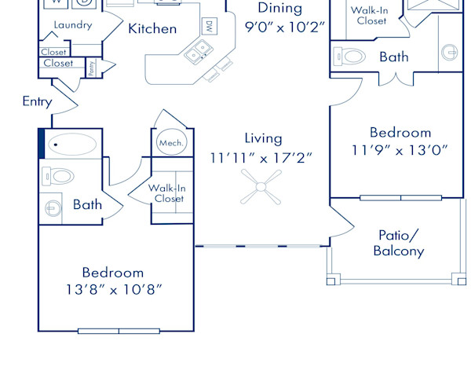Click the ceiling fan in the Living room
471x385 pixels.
click(261, 187)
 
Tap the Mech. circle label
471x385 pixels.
click(171, 142)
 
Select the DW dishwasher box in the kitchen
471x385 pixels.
click(210, 26)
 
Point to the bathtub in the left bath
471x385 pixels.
click(72, 145)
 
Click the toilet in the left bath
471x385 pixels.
click(58, 177)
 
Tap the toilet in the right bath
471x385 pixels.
click(349, 57)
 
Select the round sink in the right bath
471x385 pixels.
click(449, 52)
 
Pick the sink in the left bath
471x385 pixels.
click(53, 207)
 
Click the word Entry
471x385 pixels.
click(37, 101)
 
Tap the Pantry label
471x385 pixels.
click(92, 68)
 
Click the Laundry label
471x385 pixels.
click(73, 25)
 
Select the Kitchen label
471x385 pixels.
click(152, 29)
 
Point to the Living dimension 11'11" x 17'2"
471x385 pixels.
click(261, 158)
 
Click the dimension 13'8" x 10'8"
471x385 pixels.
click(114, 290)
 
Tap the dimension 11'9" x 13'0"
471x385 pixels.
click(400, 150)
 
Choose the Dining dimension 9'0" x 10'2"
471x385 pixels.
click(284, 27)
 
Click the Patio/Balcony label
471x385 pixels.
click(399, 243)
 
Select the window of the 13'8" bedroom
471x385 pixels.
click(119, 331)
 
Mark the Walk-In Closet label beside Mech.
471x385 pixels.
click(167, 193)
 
